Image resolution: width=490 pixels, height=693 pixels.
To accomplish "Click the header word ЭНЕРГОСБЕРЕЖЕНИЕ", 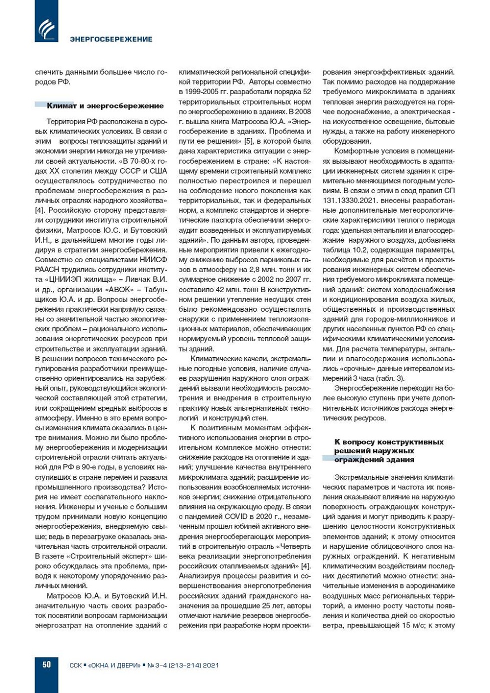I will tap(111, 39).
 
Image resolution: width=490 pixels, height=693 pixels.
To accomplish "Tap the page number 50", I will tap(46, 664).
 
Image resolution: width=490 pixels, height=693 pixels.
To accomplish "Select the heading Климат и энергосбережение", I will tap(105, 106).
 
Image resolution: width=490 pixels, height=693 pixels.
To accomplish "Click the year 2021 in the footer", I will tap(210, 665).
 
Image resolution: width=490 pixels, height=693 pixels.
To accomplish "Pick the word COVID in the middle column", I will tap(235, 516).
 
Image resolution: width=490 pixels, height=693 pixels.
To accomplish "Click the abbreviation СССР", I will tap(131, 171).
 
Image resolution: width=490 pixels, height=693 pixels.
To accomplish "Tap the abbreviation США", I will tap(158, 171).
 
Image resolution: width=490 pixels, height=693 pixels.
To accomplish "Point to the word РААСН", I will tap(47, 270).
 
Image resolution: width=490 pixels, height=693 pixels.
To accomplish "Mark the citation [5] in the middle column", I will tap(248, 141).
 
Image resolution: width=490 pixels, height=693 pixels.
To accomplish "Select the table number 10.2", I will tap(358, 250).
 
